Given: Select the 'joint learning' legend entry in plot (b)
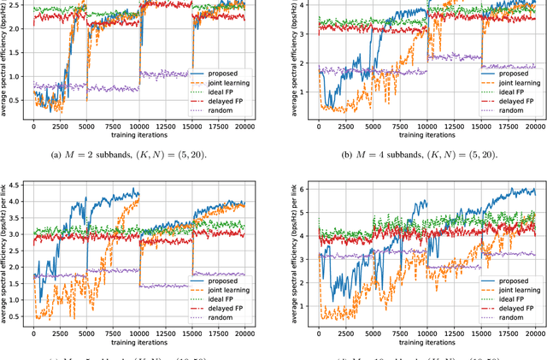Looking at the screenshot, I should click(x=504, y=83).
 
